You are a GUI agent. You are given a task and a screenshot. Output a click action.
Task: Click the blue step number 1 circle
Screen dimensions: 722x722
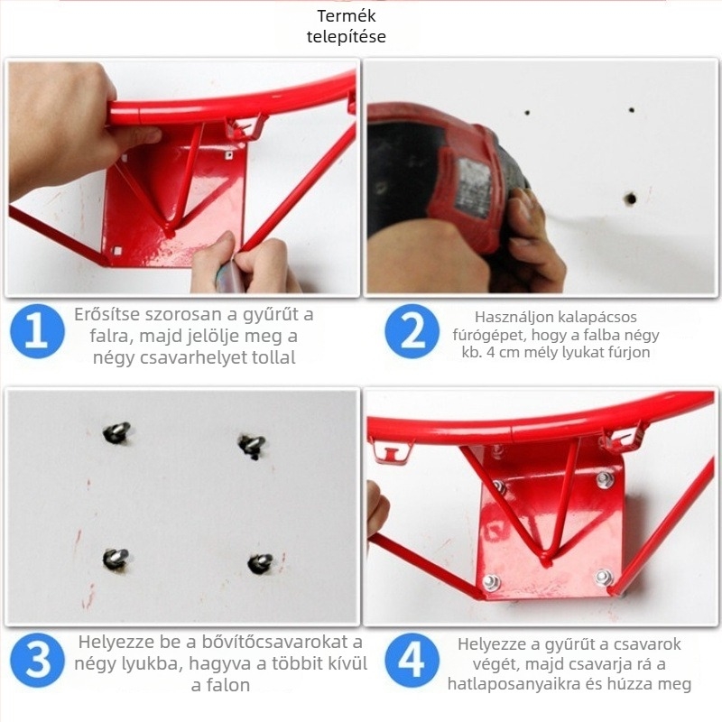[x=37, y=331]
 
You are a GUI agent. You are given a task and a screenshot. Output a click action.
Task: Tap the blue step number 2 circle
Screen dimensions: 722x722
[x=412, y=331]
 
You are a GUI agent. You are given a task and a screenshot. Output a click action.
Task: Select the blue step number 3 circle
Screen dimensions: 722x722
[x=37, y=660]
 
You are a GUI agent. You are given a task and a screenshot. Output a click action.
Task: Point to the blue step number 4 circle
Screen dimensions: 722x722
[x=412, y=660]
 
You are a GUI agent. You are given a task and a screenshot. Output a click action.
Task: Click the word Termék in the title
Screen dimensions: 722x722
[x=347, y=16]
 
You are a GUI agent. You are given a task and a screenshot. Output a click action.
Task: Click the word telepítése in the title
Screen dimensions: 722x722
[x=347, y=37]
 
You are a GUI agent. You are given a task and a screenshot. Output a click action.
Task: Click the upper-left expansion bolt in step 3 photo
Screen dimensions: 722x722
[x=116, y=432]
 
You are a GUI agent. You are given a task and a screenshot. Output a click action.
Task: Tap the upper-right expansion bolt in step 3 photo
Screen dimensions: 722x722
[x=252, y=446]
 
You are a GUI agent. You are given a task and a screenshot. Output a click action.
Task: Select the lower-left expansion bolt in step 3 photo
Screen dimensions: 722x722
[x=116, y=558]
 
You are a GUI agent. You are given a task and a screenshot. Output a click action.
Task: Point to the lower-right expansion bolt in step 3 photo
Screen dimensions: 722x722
[x=260, y=563]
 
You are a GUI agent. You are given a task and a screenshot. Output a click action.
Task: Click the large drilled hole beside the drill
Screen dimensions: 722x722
[x=630, y=199]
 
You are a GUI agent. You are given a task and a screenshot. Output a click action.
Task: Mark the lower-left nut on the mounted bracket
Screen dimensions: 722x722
[x=491, y=582]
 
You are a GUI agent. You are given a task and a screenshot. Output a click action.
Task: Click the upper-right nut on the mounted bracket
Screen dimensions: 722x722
[x=605, y=479]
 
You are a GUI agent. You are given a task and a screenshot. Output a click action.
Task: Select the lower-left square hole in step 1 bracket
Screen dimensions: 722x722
[x=117, y=251]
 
